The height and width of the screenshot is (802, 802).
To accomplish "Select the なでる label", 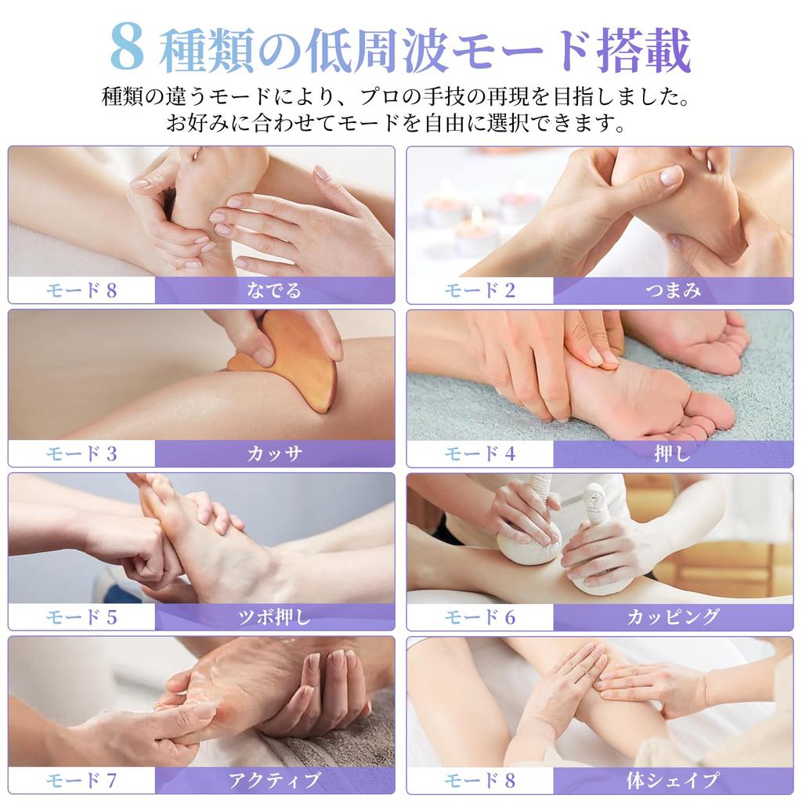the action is coord(274,291).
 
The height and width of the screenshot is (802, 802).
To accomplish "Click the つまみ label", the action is coord(673,291).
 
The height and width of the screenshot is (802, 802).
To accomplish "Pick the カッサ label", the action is coord(274,453).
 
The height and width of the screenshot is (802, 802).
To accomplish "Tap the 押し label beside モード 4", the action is coord(672,453).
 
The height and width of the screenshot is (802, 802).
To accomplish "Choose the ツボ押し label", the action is coord(274,617).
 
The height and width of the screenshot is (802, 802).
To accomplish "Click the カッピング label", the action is coord(673,617).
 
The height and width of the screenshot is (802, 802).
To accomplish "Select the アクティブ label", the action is coord(274,781).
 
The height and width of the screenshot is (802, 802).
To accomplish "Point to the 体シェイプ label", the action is coord(673,781).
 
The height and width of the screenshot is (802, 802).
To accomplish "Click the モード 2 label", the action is coord(480,291).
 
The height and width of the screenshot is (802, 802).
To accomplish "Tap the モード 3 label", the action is coord(81,453).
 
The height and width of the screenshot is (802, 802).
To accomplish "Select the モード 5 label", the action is coord(81,617).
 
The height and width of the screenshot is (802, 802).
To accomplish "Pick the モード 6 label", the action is coord(480,617).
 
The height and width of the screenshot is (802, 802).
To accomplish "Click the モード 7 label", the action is coord(81,781).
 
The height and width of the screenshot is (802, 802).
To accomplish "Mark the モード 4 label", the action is coord(480,453).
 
